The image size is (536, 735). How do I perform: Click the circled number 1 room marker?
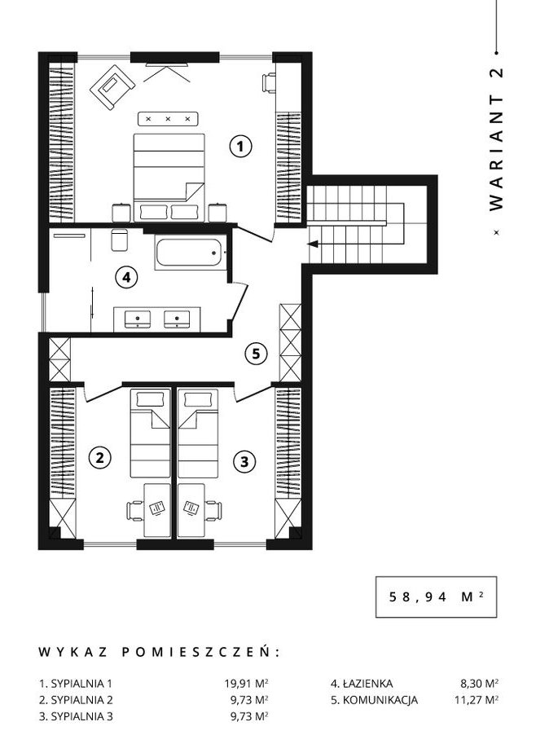click(240, 146)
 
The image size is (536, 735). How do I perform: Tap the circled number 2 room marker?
click(100, 457)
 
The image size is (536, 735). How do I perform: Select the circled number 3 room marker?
click(244, 462)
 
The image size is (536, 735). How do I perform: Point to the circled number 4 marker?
click(126, 277)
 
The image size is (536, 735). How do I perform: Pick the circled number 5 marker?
click(257, 354)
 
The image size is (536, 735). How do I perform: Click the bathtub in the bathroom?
click(190, 253)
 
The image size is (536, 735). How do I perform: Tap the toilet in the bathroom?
click(120, 240)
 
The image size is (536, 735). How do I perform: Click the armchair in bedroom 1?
click(113, 87)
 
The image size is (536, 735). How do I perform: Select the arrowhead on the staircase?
click(313, 244)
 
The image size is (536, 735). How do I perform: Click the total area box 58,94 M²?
click(436, 596)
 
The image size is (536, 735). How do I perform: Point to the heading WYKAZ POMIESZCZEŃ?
click(158, 652)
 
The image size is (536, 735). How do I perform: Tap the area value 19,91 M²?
click(247, 684)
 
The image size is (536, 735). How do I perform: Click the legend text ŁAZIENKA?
click(367, 684)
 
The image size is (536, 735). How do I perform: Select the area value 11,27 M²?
click(476, 700)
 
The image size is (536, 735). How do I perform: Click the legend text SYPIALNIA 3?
click(81, 717)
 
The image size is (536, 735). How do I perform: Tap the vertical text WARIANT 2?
click(496, 139)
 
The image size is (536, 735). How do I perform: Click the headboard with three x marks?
click(169, 119)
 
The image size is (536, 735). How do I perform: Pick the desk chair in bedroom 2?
click(135, 510)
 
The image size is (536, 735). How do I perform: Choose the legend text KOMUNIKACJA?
click(380, 700)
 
